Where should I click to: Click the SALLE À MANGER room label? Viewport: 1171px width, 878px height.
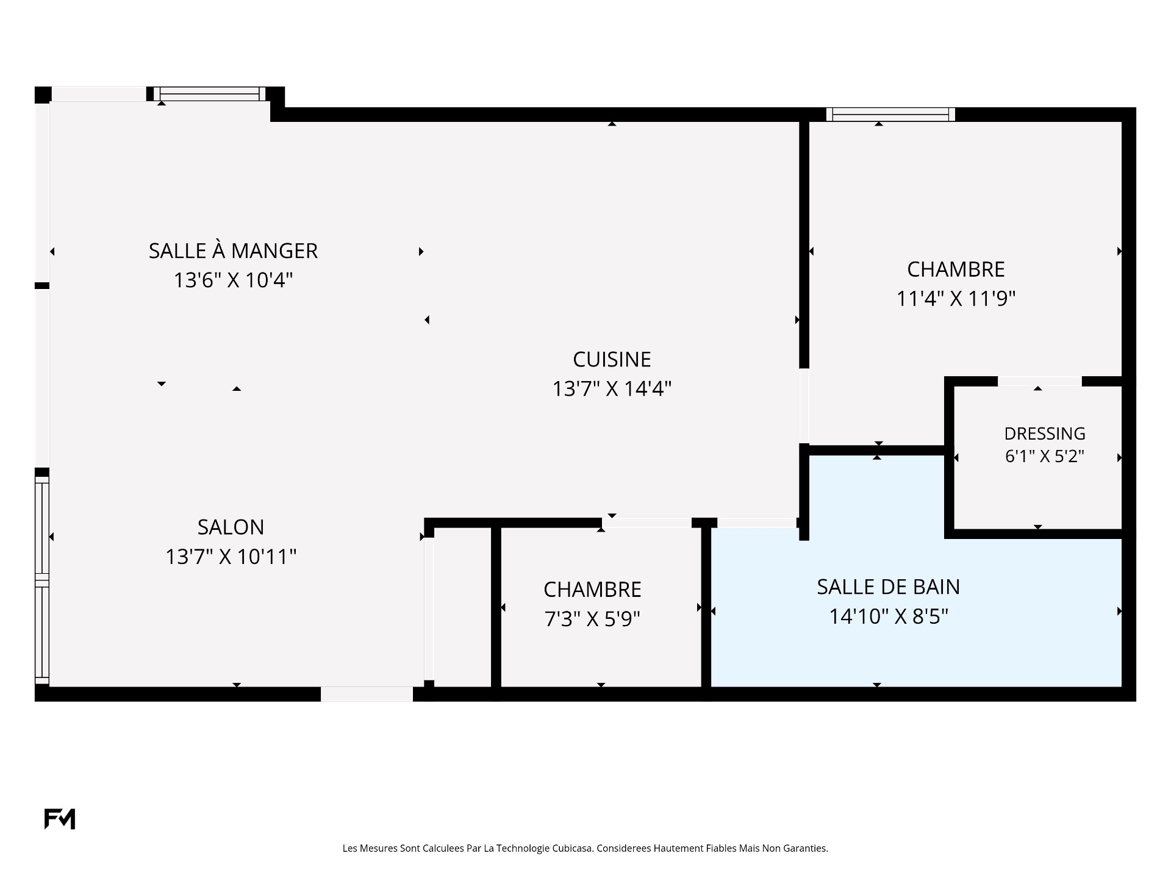233,250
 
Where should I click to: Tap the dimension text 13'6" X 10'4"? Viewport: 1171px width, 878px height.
233,280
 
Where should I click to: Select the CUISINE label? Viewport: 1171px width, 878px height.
612,359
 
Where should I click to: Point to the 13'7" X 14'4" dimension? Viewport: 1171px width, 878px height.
612,388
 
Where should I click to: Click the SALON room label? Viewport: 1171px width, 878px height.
231,527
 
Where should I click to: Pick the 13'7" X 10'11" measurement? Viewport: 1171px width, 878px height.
231,557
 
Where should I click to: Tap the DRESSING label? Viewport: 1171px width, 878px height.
1045,434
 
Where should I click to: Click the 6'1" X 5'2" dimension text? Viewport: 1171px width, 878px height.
1045,456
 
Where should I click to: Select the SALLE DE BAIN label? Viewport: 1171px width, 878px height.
889,587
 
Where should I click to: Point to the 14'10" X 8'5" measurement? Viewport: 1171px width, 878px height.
889,616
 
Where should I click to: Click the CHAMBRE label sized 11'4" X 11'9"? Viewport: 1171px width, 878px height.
956,269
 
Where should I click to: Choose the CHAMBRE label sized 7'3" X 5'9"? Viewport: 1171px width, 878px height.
592,590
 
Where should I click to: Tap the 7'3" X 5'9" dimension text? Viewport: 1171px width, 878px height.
592,619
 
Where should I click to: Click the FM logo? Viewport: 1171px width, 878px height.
60,819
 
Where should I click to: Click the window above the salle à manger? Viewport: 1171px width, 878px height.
210,94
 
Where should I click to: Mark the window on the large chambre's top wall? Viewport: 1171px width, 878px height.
891,114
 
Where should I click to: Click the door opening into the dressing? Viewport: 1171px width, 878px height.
1040,381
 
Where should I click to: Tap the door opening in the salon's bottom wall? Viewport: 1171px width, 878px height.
367,694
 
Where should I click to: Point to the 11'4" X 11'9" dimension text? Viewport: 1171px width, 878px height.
956,299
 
